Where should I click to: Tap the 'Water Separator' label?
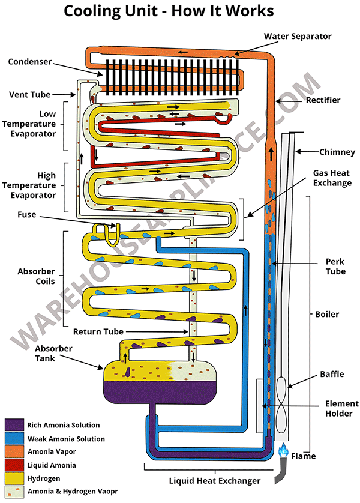point(298,37)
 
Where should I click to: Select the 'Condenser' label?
point(30,61)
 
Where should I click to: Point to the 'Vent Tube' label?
point(30,94)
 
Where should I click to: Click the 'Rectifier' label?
point(323,100)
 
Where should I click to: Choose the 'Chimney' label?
point(337,152)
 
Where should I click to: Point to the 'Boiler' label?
point(327,314)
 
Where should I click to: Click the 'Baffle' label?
point(332,374)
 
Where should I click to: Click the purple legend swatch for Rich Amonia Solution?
point(14,426)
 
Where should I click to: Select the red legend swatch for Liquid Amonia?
point(14,465)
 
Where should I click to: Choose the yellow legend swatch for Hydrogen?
point(14,478)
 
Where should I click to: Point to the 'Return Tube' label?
point(98,331)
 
